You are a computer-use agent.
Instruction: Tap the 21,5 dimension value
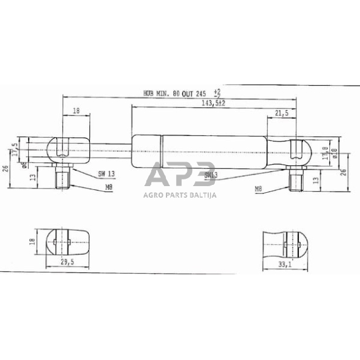282,114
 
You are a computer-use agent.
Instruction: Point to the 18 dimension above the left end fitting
77,111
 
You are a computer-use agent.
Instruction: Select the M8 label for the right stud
260,190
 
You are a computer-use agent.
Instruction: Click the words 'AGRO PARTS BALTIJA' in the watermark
181,196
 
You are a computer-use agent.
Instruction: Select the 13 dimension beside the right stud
315,181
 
